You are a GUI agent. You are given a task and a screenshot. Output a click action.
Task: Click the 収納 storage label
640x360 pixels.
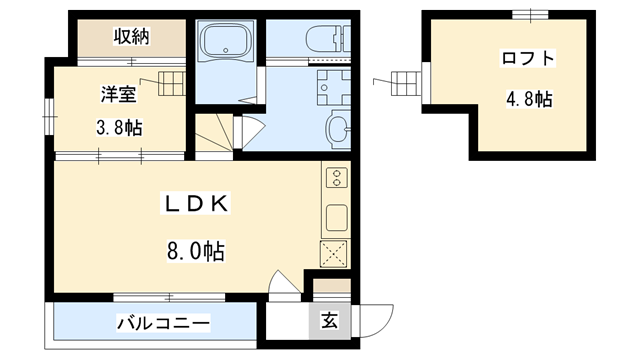(130, 37)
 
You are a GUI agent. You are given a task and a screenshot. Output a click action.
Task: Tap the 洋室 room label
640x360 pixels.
(117, 95)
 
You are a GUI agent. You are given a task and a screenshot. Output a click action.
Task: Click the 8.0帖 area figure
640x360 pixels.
(195, 252)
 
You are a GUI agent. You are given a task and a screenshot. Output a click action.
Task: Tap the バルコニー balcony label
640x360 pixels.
(163, 323)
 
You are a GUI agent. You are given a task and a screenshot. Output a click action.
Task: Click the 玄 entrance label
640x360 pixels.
(329, 321)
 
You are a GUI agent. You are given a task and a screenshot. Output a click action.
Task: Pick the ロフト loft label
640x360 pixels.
(527, 58)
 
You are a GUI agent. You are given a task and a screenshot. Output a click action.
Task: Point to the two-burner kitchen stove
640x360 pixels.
(335, 178)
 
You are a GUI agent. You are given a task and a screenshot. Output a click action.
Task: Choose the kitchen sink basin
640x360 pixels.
(335, 216)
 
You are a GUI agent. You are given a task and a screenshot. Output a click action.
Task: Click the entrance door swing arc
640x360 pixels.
(375, 318)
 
